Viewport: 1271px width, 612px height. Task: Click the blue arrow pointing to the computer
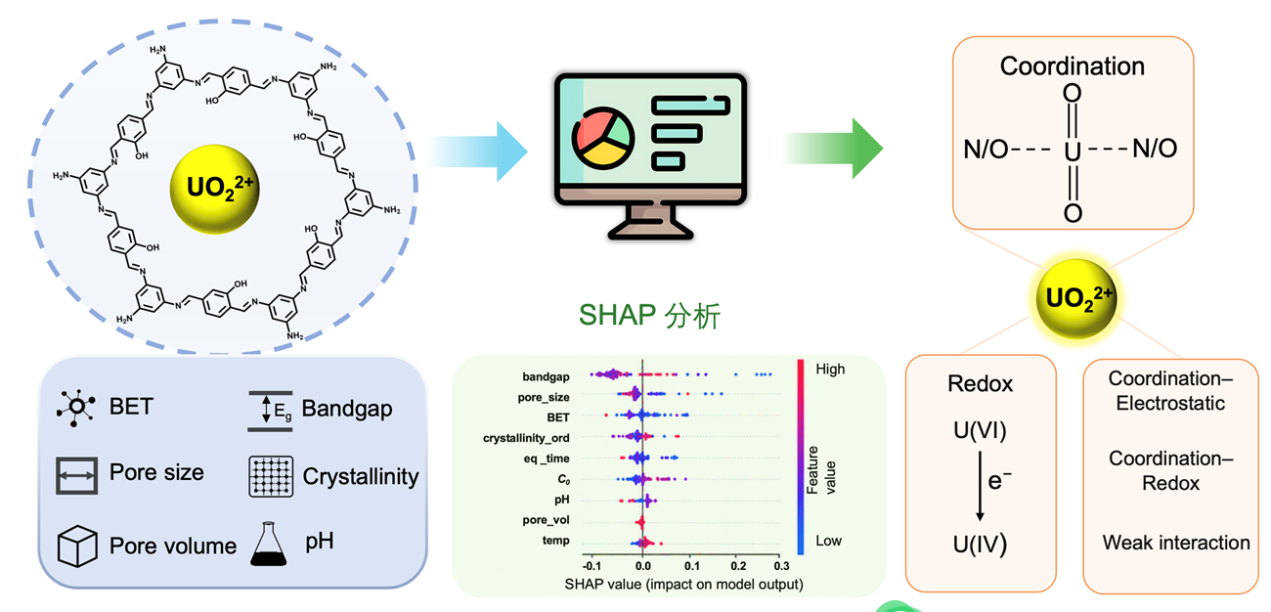pos(479,152)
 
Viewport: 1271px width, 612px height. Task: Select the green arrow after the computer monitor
pos(834,149)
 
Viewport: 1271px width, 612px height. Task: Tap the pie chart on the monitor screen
pos(602,139)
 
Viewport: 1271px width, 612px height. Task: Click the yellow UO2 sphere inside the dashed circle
pos(214,189)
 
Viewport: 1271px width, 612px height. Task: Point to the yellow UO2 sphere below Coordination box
pos(1076,299)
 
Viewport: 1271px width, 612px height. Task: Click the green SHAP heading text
pos(650,316)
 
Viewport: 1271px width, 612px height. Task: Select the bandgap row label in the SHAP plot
pos(546,376)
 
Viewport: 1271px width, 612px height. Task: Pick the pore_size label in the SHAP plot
pos(543,397)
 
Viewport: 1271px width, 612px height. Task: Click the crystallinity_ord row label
pos(526,438)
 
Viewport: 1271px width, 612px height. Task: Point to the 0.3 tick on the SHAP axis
pos(781,565)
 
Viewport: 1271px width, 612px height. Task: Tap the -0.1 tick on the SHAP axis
pos(592,565)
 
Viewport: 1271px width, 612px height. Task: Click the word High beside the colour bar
pos(830,370)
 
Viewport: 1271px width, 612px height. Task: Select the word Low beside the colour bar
pos(828,541)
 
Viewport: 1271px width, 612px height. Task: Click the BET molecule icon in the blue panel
pos(76,407)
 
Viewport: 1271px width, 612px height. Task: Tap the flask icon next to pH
pos(269,544)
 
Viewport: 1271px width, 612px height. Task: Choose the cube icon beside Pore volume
pos(77,546)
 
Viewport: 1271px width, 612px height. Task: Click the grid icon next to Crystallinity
pos(271,476)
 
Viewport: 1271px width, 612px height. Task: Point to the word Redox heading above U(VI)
pos(980,384)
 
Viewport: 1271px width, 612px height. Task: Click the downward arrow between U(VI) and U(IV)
pos(980,486)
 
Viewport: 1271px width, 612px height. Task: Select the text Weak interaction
pos(1175,543)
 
